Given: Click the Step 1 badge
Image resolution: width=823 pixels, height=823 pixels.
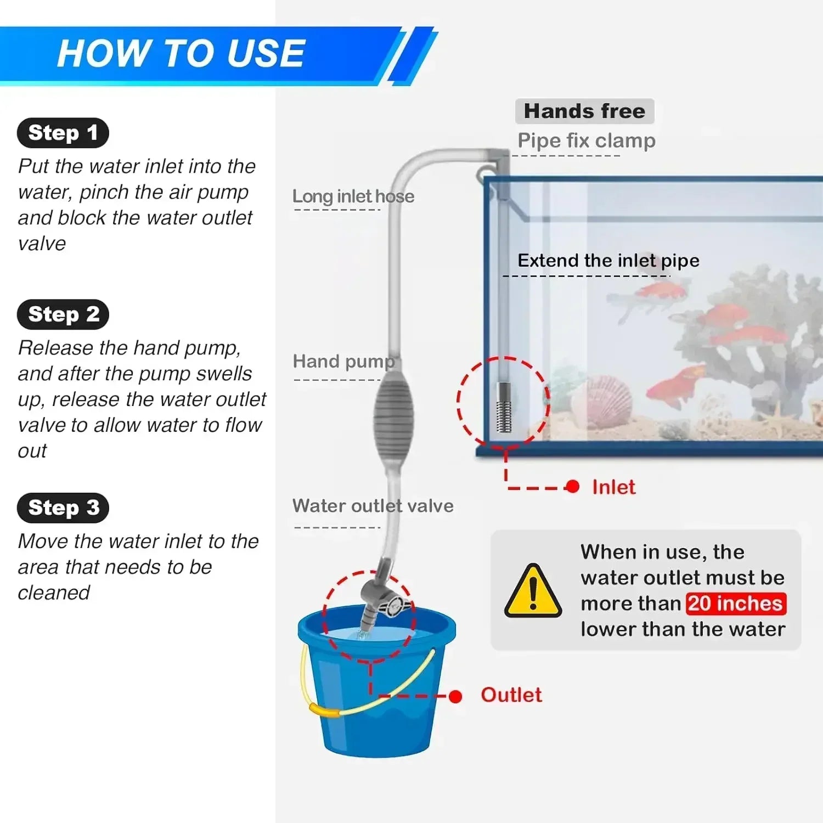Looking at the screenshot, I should pyautogui.click(x=63, y=133).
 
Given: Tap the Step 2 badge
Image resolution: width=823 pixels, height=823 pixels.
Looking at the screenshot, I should pyautogui.click(x=63, y=314).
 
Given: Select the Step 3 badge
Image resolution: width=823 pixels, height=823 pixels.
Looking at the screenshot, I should pyautogui.click(x=63, y=508).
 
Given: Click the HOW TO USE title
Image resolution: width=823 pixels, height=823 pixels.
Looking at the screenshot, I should pyautogui.click(x=181, y=54).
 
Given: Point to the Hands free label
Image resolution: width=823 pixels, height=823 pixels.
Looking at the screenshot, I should pyautogui.click(x=584, y=111).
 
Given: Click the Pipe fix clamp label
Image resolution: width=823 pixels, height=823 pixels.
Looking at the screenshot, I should pyautogui.click(x=586, y=141).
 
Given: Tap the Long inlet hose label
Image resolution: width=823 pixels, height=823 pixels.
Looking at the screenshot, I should pyautogui.click(x=353, y=196).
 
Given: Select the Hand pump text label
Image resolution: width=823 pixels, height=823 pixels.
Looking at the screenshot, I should pyautogui.click(x=343, y=362).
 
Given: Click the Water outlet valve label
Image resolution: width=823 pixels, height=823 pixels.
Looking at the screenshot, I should pyautogui.click(x=373, y=506).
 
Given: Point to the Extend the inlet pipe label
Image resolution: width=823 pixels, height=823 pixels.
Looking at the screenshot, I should pyautogui.click(x=608, y=261).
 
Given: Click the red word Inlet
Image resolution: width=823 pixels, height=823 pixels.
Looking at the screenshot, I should pyautogui.click(x=613, y=487).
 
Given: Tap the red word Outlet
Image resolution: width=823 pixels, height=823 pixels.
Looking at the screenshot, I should pyautogui.click(x=511, y=695).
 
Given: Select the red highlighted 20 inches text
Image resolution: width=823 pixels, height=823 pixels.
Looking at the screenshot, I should pyautogui.click(x=735, y=604).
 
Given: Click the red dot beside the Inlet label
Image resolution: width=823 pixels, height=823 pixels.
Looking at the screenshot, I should pyautogui.click(x=572, y=487).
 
